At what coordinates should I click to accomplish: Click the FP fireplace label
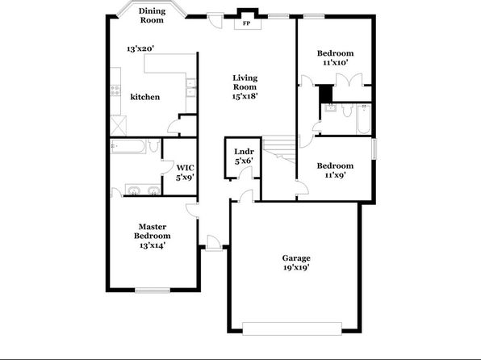246,23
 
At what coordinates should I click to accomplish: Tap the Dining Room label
153,15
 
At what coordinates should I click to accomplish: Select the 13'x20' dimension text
140,48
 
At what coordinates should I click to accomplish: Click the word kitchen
145,97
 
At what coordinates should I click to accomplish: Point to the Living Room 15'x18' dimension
245,96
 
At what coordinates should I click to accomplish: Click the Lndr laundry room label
244,151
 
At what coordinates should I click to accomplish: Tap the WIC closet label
186,168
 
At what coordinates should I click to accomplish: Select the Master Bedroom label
153,231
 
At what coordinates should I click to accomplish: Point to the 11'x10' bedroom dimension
335,63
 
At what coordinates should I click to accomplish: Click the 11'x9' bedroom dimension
335,175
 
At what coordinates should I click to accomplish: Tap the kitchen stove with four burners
115,90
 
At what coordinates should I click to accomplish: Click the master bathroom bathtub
128,146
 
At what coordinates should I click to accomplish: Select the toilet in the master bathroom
153,145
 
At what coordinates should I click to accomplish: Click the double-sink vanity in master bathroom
143,190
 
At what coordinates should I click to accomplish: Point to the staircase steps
279,149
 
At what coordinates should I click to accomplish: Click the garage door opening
292,329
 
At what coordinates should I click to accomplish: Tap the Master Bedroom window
153,291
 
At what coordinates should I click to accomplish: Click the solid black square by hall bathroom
326,94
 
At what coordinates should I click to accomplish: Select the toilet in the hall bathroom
347,110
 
